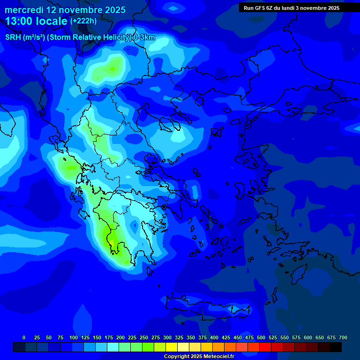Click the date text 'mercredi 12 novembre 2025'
[65, 10]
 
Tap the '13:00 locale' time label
[37, 21]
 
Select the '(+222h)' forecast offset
[83, 21]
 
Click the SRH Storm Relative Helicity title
[80, 37]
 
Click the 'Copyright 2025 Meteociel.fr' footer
[199, 356]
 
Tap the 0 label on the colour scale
[24, 337]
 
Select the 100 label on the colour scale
[73, 337]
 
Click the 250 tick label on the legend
[143, 337]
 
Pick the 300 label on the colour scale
[167, 337]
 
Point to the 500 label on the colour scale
[261, 337]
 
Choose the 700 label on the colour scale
[343, 337]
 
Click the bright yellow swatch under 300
[172, 347]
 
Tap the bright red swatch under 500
[265, 347]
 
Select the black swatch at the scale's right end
[336, 347]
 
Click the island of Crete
[206, 307]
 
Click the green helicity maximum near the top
[112, 69]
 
